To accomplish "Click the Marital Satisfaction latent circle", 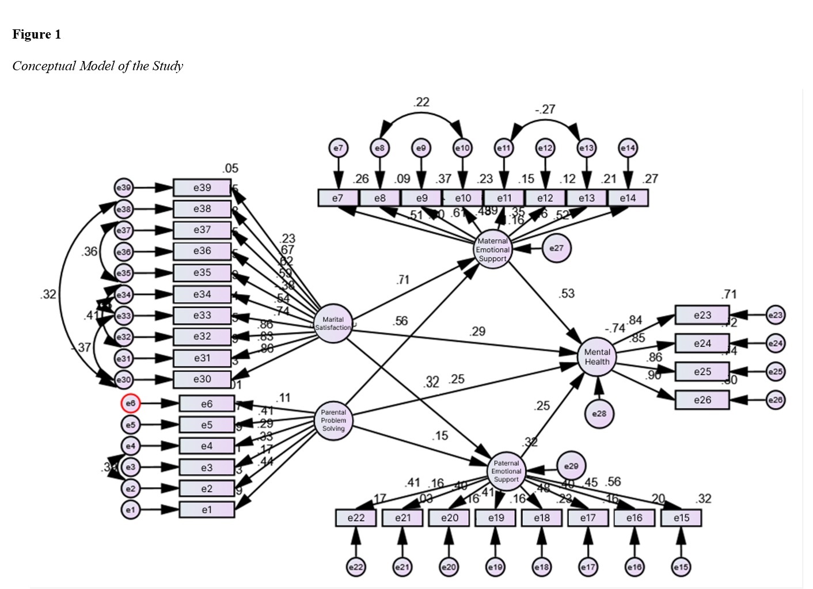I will (x=333, y=324).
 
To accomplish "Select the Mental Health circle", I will (x=597, y=357).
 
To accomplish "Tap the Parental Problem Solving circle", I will (x=333, y=420).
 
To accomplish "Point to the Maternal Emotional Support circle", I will (x=493, y=250).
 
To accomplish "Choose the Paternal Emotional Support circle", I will (x=506, y=471).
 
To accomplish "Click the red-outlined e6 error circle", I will (x=131, y=404).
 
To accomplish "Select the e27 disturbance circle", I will (x=556, y=248).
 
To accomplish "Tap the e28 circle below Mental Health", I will (x=599, y=413).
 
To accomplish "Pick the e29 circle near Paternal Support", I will (x=571, y=466).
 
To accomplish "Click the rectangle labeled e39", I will (x=202, y=188).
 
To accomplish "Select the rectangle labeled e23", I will (x=702, y=315).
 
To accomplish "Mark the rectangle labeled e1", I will (x=207, y=510).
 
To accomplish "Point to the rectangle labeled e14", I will (x=628, y=198).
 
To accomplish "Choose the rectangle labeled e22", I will (x=356, y=518).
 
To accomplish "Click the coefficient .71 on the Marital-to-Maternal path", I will (x=403, y=280).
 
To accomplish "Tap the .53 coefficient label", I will (x=567, y=294).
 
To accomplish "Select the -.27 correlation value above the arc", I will (x=545, y=109).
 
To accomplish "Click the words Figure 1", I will (x=36, y=35).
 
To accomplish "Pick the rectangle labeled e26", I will (x=702, y=400).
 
